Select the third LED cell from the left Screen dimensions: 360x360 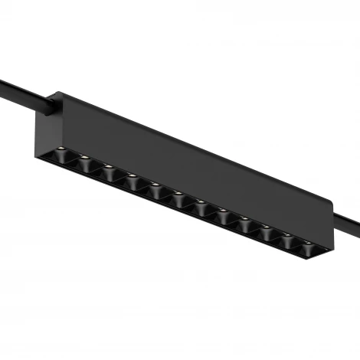coord(109,174)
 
